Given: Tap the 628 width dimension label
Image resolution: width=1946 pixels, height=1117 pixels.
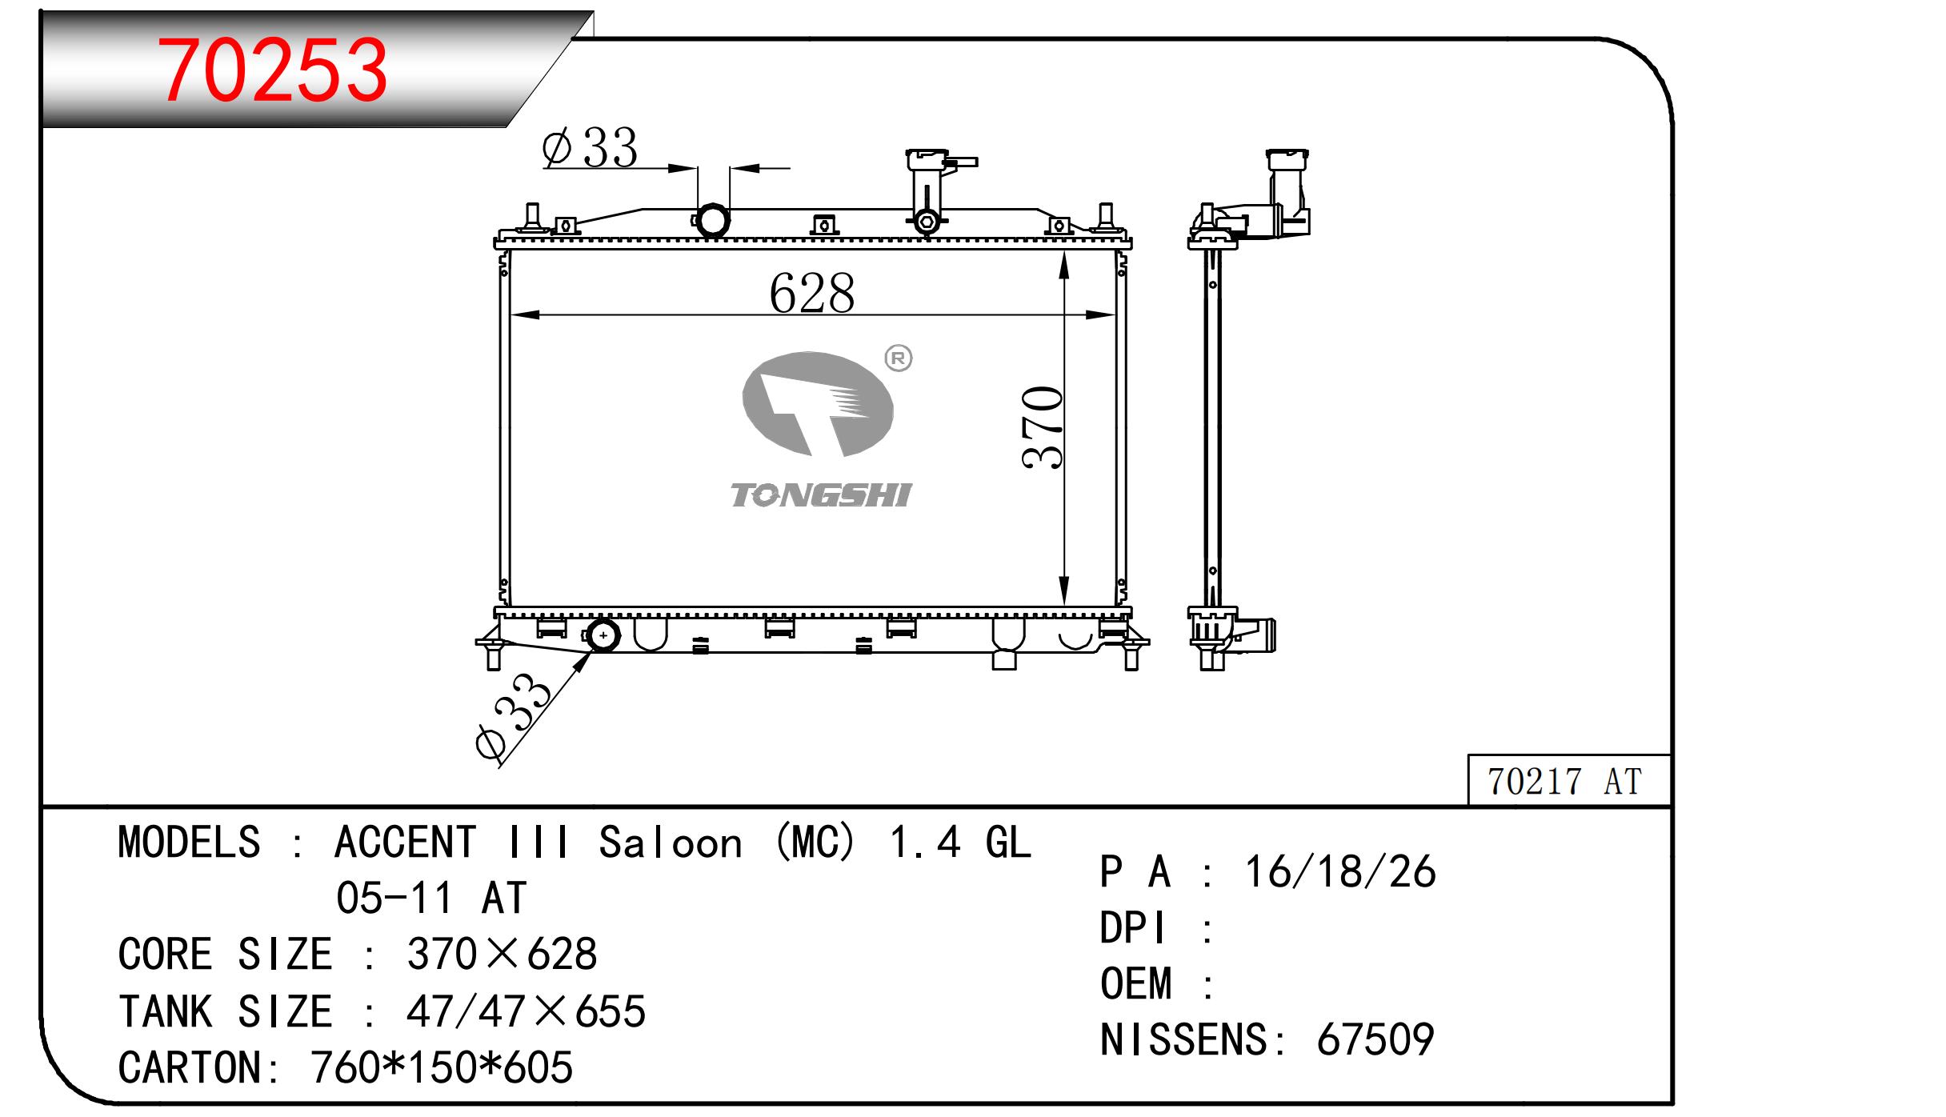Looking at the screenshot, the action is (x=811, y=293).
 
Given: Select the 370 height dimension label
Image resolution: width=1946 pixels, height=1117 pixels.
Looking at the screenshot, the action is (x=1043, y=427).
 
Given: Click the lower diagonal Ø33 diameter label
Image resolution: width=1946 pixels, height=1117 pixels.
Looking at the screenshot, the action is (x=513, y=717).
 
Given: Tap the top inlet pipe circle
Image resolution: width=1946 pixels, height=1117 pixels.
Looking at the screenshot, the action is (x=712, y=220).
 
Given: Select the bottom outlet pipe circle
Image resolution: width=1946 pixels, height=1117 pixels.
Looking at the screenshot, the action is (x=603, y=636).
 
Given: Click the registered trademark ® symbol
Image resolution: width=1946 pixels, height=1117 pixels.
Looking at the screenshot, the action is (x=898, y=359).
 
